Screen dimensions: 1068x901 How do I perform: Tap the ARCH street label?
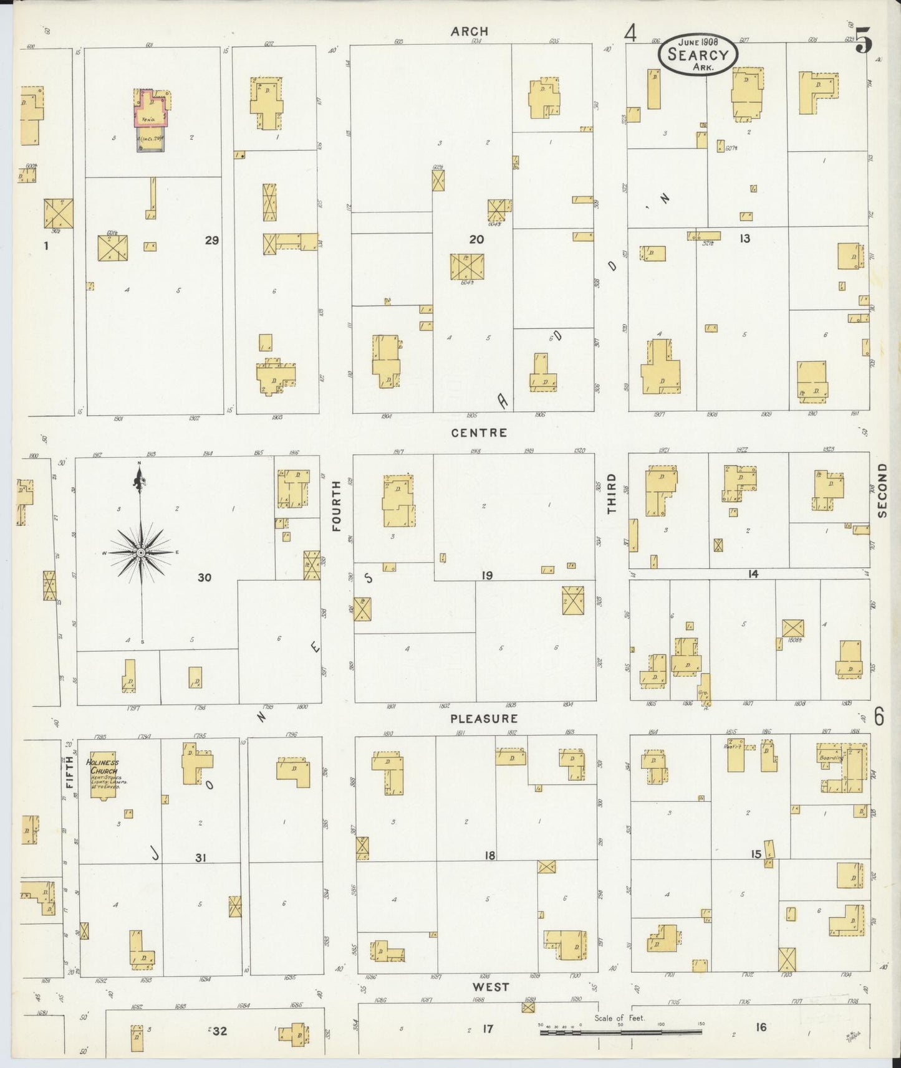point(470,31)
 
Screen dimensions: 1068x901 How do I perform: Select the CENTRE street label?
point(479,432)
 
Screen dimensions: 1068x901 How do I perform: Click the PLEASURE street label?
point(484,718)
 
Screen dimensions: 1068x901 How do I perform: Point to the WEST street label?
point(490,987)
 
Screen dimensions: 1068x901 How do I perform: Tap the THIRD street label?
point(612,493)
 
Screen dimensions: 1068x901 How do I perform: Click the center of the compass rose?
point(141,553)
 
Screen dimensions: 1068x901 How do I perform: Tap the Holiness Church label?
point(103,766)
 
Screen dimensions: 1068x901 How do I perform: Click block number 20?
point(476,239)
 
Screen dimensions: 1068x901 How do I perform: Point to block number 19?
point(486,575)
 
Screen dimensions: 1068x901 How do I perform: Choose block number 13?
point(744,239)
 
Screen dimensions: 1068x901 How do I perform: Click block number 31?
point(200,858)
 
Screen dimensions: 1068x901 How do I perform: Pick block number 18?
point(489,856)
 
